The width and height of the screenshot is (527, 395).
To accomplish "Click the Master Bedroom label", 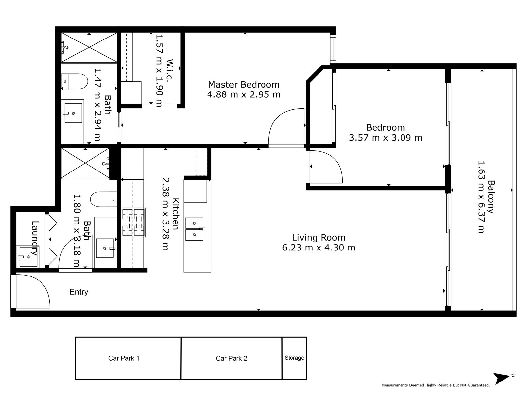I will point(244,85).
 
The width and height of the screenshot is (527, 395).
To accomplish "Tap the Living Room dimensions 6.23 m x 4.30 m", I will point(319,248).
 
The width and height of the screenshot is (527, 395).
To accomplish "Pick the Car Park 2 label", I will point(232,358).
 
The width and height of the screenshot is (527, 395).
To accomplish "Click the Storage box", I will point(294,358).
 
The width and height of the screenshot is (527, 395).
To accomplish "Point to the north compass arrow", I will point(502,378).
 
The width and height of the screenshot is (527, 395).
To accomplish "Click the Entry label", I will point(79,292).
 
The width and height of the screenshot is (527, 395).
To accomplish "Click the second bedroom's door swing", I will point(324,167).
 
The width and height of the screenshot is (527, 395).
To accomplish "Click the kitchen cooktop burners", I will point(133,223).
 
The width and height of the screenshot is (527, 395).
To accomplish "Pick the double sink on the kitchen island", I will point(194,229).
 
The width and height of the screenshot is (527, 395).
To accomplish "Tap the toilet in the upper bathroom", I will point(75,81).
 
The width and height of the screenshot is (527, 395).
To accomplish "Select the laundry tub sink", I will point(29,257).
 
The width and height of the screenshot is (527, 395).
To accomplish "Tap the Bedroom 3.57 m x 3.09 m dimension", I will point(385,138).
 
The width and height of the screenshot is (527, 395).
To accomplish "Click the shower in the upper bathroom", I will point(89,47).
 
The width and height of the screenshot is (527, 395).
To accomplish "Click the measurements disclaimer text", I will point(435,385).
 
